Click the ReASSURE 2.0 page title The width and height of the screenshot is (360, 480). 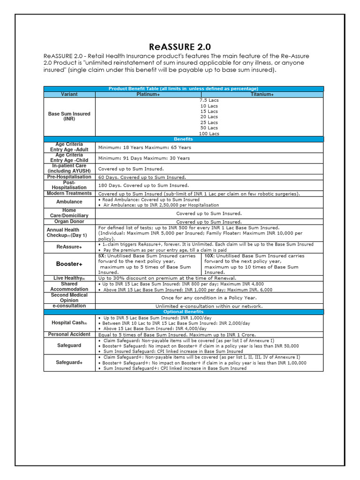point(180,47)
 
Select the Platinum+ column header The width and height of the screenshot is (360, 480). point(148,94)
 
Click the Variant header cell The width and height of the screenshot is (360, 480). point(69,94)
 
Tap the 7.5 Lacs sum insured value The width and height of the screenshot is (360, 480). point(209,100)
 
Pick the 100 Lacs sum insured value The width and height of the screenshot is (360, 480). point(209,134)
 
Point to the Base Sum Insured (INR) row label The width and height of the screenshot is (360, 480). point(69,116)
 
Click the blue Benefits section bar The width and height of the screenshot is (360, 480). point(183,139)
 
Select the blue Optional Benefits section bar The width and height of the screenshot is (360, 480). point(183,312)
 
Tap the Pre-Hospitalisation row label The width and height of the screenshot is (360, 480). point(69,177)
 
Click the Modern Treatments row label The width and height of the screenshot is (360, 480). point(69,193)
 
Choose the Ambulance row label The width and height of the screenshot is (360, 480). point(69,202)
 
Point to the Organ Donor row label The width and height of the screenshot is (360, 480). point(69,221)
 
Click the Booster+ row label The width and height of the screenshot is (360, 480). point(69,264)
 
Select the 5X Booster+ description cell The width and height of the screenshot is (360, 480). point(148,264)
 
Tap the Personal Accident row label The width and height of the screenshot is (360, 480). point(69,334)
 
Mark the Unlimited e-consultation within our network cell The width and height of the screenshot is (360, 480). point(209,306)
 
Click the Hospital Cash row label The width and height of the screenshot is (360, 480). point(69,323)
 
